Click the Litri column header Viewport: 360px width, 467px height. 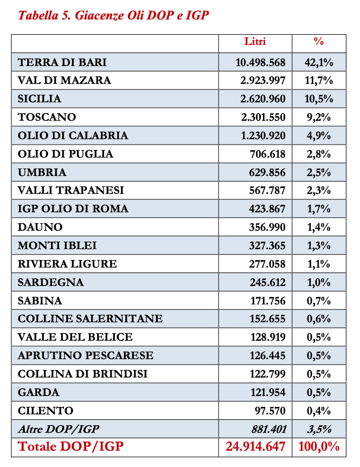point(255,42)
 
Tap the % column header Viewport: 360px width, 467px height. point(319,42)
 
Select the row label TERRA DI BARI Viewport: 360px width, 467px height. point(62,62)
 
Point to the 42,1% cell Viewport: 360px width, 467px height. point(319,62)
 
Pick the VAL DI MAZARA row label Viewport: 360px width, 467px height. point(65,81)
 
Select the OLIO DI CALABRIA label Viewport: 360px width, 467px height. point(73,135)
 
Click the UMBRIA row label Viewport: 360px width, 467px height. point(42,172)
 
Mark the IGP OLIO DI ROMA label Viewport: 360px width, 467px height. point(73,209)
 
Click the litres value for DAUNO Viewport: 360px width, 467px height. point(266,228)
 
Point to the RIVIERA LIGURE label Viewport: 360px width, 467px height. point(67,264)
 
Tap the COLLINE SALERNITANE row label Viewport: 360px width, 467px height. point(90,319)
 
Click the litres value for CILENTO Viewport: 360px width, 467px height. point(270,411)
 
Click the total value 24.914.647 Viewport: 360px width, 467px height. point(255,447)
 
